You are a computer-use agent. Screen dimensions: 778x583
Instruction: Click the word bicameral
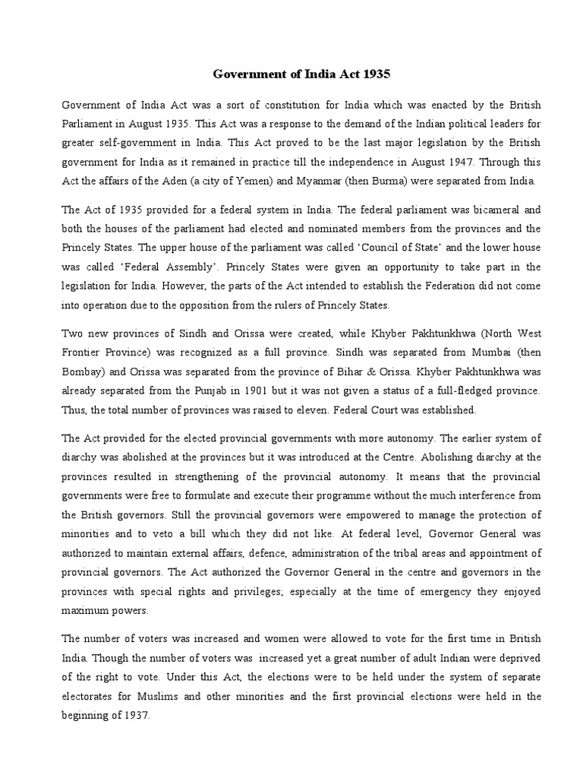click(471, 209)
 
